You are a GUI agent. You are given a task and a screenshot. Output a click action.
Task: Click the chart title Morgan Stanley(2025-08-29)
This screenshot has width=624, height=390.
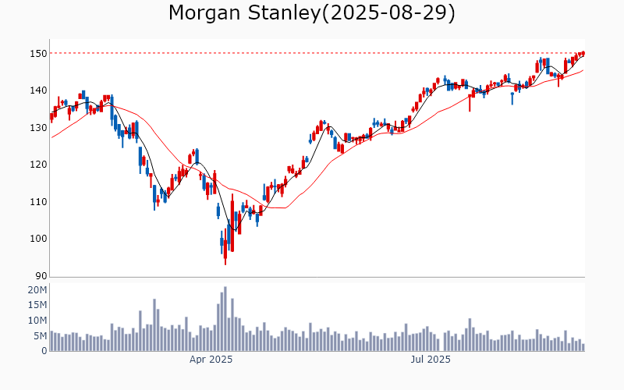tap(312, 13)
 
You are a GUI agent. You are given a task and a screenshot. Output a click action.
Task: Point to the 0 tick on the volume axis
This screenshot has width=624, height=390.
tap(44, 351)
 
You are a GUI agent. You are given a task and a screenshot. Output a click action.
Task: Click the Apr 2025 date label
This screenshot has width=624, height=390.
tap(211, 360)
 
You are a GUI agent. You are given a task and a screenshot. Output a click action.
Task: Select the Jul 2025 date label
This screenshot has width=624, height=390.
tap(431, 360)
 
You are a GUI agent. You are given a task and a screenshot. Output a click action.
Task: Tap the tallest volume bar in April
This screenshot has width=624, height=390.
tap(225, 319)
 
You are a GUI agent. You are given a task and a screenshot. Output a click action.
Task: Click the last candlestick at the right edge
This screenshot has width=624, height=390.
tap(583, 53)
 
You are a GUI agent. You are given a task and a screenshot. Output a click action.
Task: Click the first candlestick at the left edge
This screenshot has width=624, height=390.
tap(51, 116)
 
